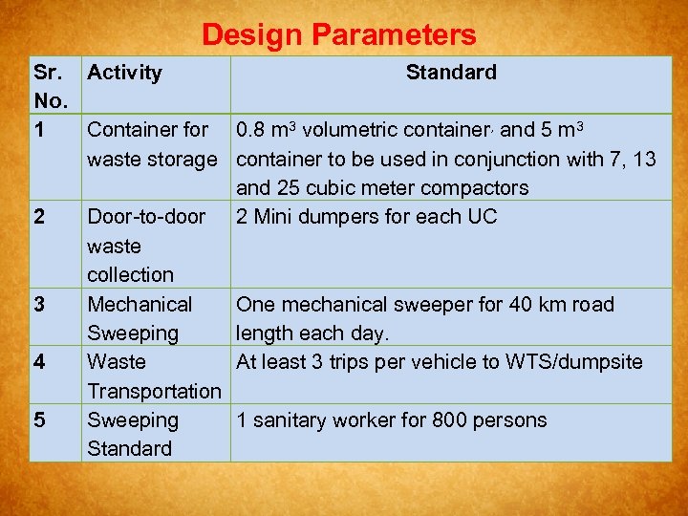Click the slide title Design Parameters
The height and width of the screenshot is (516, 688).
click(338, 35)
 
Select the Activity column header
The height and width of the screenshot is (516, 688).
click(124, 73)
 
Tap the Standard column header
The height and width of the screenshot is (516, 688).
click(451, 73)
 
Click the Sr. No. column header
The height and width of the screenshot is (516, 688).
click(50, 86)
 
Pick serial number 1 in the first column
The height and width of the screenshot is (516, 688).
click(39, 129)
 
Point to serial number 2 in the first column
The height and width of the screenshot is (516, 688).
click(39, 217)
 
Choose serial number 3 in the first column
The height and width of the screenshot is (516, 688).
click(39, 305)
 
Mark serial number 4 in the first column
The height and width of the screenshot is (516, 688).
click(39, 362)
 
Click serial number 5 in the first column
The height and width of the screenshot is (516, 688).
click(39, 420)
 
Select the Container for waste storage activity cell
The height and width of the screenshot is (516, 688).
click(151, 143)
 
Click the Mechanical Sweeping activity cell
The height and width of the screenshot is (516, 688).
click(139, 319)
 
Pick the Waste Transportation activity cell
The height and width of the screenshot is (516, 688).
click(153, 376)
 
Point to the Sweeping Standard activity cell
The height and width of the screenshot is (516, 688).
click(132, 435)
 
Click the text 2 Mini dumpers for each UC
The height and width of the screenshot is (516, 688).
click(366, 217)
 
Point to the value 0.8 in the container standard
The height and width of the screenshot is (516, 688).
click(251, 129)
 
